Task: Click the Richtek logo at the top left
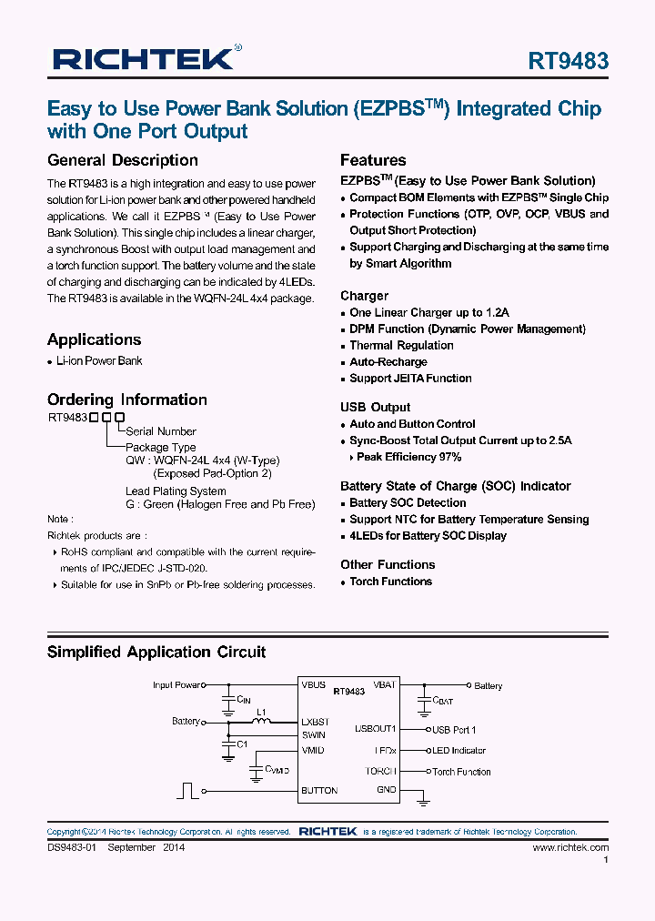(x=143, y=59)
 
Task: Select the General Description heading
(x=122, y=160)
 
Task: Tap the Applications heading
(x=94, y=339)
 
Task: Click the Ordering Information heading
(x=126, y=400)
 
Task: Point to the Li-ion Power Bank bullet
(x=99, y=361)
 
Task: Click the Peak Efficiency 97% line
(x=408, y=457)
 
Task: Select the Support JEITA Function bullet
(x=410, y=379)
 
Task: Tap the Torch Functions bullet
(x=390, y=582)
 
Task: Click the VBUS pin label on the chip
(x=314, y=685)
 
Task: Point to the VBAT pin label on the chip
(x=384, y=685)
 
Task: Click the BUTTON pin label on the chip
(x=319, y=791)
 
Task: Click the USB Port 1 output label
(x=454, y=730)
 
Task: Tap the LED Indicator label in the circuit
(x=459, y=751)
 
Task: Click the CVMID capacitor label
(x=277, y=770)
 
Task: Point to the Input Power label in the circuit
(x=176, y=685)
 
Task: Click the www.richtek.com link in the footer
(x=570, y=847)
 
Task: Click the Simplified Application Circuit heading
(x=156, y=652)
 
